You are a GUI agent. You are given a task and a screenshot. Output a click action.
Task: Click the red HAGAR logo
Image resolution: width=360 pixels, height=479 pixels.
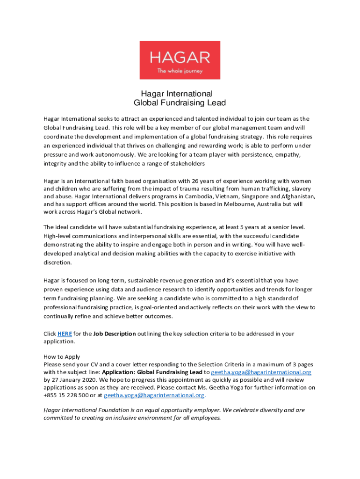click(180, 60)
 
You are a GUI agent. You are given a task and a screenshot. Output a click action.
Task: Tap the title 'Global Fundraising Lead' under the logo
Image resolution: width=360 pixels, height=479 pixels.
click(180, 103)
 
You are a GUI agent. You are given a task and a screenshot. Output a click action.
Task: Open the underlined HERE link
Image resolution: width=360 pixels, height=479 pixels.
click(64, 334)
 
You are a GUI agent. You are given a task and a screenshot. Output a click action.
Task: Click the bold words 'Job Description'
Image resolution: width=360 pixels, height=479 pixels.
click(115, 334)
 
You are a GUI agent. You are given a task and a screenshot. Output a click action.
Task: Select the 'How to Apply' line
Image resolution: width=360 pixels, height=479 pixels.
click(62, 356)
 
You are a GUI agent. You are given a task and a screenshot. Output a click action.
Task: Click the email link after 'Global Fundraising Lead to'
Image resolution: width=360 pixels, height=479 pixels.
click(261, 372)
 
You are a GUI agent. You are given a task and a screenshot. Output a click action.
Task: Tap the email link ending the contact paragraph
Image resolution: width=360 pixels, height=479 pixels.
click(154, 395)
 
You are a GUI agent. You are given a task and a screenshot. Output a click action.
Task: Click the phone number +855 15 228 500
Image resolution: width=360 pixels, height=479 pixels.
click(66, 395)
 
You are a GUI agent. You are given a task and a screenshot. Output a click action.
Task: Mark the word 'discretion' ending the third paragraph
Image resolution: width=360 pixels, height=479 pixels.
click(57, 262)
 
